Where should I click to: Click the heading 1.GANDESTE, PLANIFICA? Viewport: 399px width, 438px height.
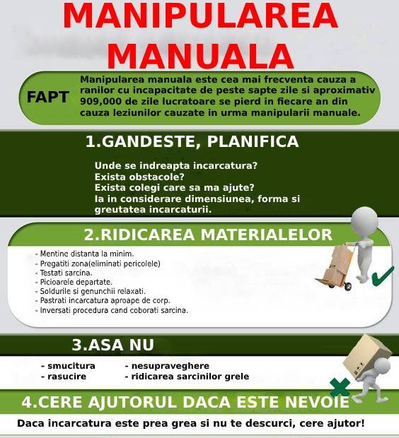(x=192, y=141)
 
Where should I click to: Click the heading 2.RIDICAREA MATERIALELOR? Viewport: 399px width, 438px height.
(x=207, y=234)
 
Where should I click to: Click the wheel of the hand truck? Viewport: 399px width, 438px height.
(x=347, y=286)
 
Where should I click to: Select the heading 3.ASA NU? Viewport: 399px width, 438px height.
(x=112, y=345)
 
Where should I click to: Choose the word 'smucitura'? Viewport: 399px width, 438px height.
(x=71, y=366)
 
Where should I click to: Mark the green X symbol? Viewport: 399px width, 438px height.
(x=340, y=386)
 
